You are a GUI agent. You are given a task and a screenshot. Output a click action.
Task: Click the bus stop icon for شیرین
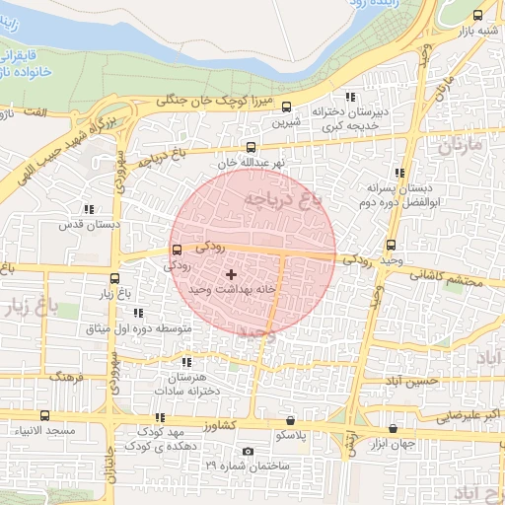[287, 108]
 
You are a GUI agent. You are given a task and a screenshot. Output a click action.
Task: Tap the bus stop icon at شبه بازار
[478, 15]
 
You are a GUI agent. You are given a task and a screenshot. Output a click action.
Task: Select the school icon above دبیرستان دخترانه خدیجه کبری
[350, 97]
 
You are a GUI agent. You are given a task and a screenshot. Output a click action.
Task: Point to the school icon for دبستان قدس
[90, 209]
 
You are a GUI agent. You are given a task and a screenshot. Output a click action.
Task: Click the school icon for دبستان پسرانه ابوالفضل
[398, 172]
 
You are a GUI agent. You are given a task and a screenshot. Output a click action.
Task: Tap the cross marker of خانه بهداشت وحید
[231, 274]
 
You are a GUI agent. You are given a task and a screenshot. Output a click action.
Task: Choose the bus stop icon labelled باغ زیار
[114, 278]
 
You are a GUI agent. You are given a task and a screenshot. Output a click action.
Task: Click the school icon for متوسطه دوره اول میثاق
[137, 313]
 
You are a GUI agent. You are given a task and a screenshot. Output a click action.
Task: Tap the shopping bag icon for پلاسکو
[289, 420]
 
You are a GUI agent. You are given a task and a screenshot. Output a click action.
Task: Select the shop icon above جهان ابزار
[395, 429]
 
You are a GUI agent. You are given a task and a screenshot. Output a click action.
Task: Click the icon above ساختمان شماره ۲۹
[248, 452]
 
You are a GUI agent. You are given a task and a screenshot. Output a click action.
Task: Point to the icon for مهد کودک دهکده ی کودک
[160, 418]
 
